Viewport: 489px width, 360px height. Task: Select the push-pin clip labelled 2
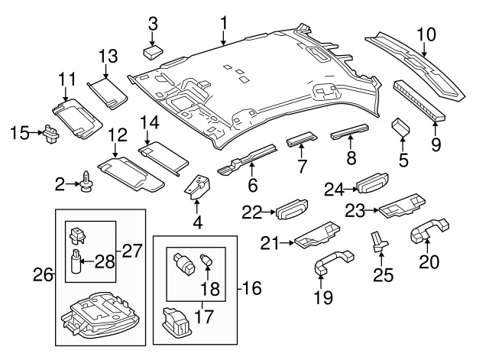87,182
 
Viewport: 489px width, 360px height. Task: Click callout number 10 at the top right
426,33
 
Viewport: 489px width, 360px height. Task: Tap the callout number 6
252,185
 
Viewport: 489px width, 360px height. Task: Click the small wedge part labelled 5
401,128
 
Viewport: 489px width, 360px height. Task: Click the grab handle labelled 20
430,232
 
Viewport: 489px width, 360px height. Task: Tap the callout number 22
253,210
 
